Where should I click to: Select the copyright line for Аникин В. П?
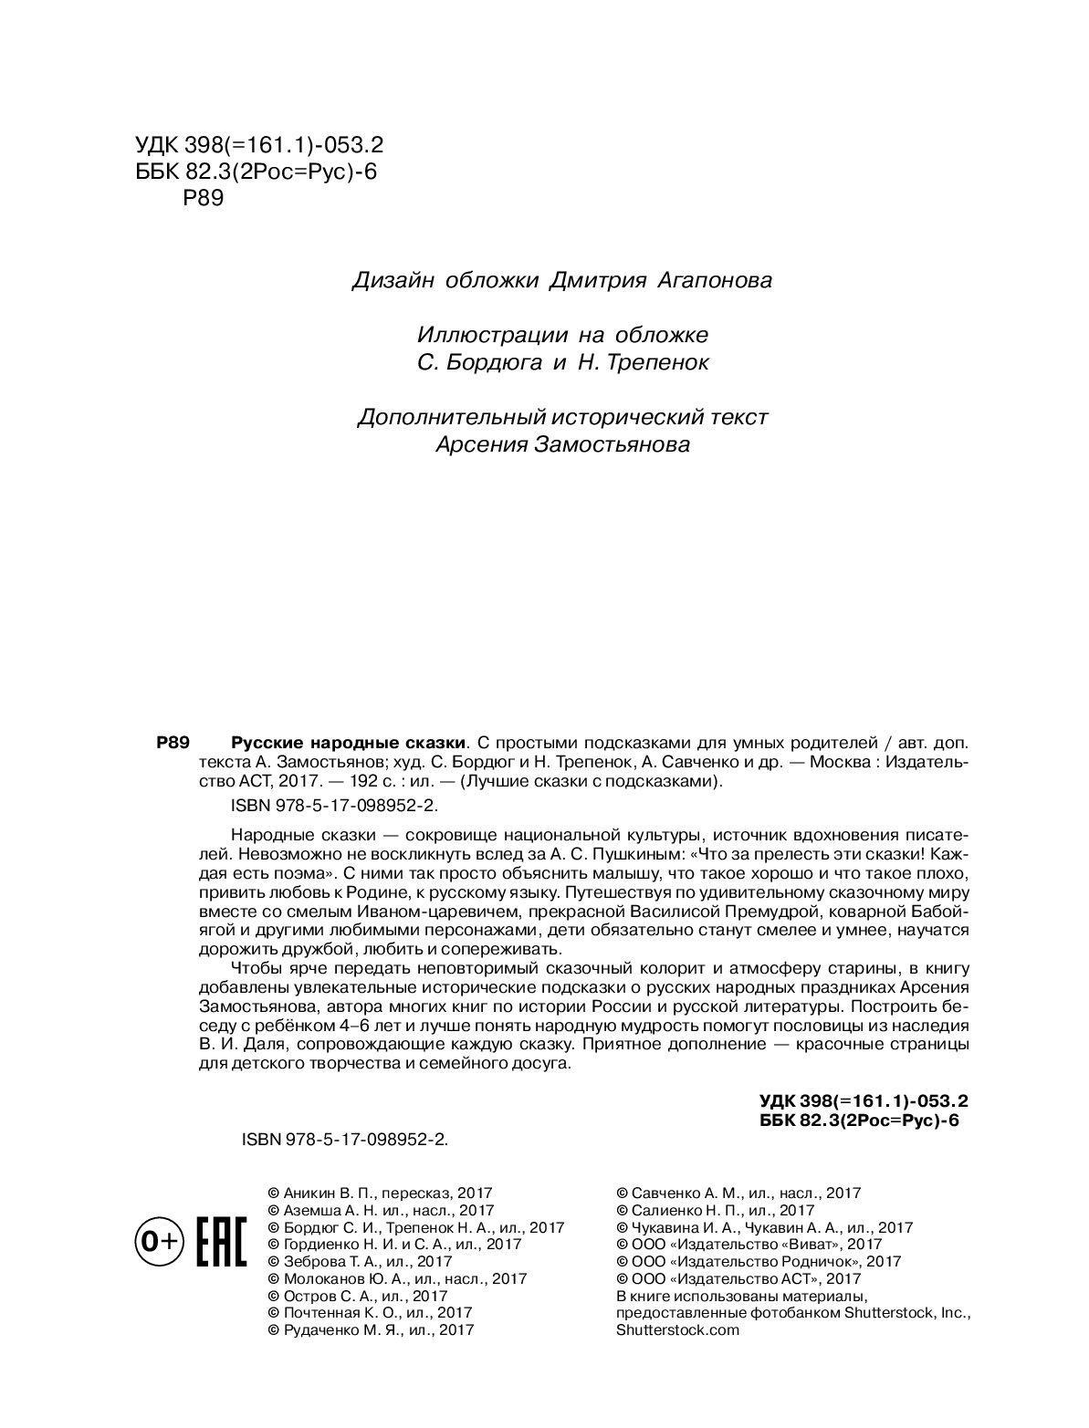click(379, 1193)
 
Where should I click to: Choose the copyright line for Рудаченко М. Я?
click(370, 1329)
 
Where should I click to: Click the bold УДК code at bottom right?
click(863, 1101)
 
